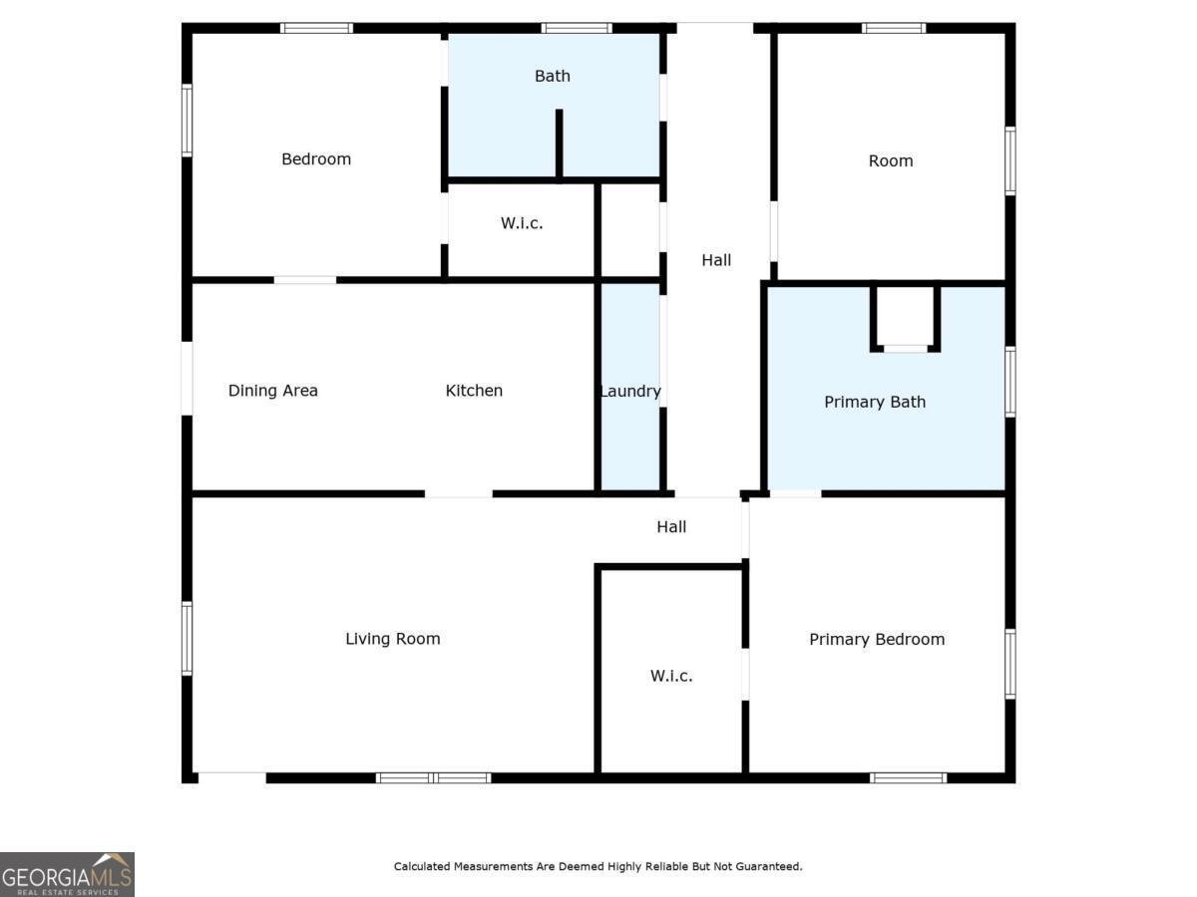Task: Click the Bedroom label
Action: coord(316,159)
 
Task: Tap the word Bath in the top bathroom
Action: coord(553,76)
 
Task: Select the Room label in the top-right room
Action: coord(891,161)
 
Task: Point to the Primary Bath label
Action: coord(875,403)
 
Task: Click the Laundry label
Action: coord(630,392)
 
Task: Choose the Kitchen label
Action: coord(474,391)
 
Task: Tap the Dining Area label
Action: coord(273,391)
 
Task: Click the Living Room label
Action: coord(393,639)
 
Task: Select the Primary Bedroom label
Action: coord(877,640)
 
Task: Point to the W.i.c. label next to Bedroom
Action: coord(522,223)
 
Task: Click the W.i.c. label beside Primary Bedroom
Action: coord(671,676)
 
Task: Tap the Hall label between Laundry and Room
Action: coord(716,260)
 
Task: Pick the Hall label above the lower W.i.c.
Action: coord(671,527)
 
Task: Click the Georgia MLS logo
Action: coord(67,874)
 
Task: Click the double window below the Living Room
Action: coord(434,777)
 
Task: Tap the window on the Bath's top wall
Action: coord(577,28)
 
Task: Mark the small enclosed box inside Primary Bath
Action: coord(906,317)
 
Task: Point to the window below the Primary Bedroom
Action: coord(908,777)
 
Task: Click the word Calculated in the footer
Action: coord(423,867)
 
